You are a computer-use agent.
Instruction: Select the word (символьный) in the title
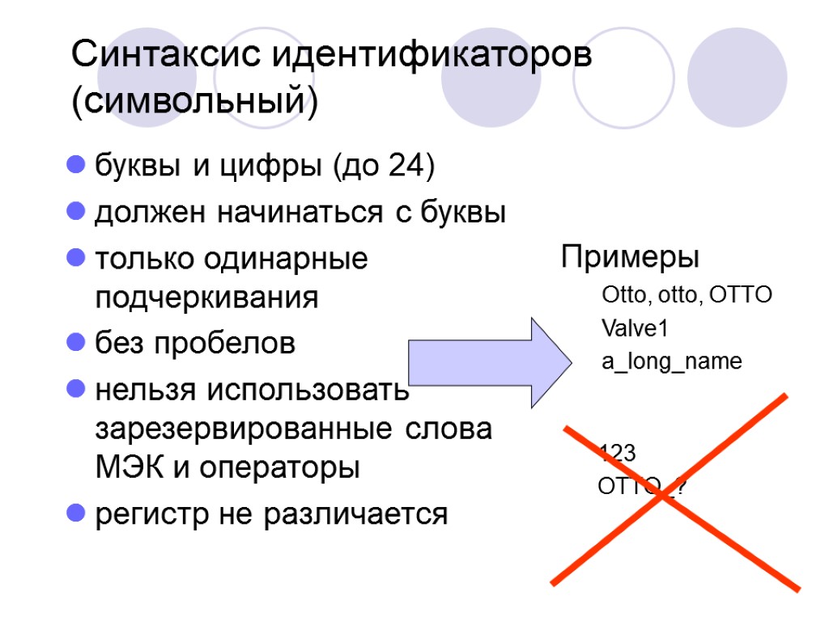194,103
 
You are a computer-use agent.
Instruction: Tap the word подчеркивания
206,298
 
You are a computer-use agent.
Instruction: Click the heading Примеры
631,259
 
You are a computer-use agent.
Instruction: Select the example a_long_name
671,361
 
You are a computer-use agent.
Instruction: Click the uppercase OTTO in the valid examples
740,295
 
